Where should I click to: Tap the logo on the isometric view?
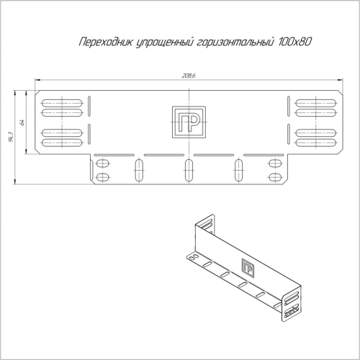[248, 267]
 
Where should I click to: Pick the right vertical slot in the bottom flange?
[238, 171]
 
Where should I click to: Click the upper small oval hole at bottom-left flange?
[103, 163]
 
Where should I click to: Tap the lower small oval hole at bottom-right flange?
[275, 176]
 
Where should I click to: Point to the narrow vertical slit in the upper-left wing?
[89, 106]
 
